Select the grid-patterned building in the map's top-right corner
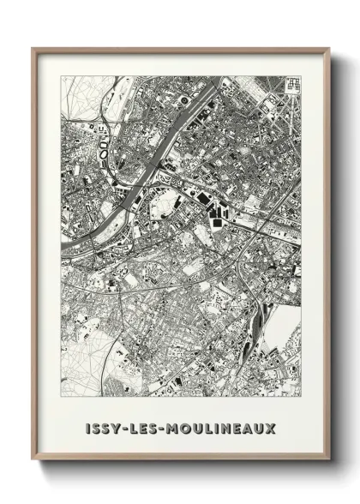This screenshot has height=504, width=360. click(293, 84)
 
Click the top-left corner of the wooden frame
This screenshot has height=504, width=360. click(33, 49)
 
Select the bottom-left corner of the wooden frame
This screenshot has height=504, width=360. click(33, 460)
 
